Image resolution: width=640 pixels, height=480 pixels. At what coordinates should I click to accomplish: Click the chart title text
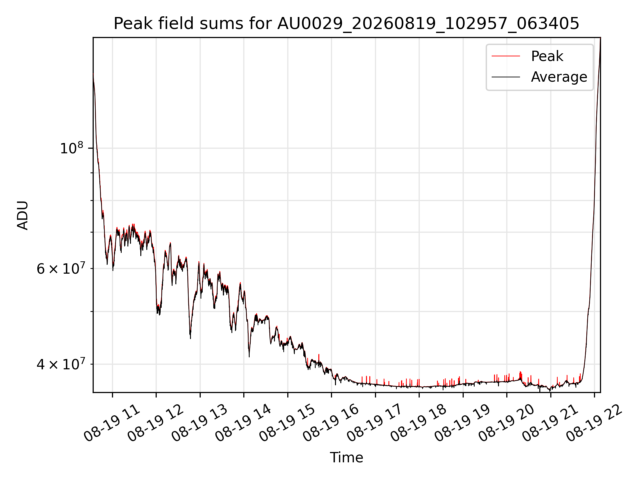(x=346, y=24)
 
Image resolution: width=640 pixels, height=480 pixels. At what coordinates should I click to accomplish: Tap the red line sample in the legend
(x=506, y=56)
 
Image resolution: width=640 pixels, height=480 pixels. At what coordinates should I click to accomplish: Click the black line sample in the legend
(x=506, y=77)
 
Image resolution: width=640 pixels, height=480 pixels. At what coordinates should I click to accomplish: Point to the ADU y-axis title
(x=23, y=215)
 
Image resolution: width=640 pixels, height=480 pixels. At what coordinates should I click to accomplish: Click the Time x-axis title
(x=346, y=457)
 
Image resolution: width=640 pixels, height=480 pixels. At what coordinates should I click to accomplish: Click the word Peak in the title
(x=130, y=24)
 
